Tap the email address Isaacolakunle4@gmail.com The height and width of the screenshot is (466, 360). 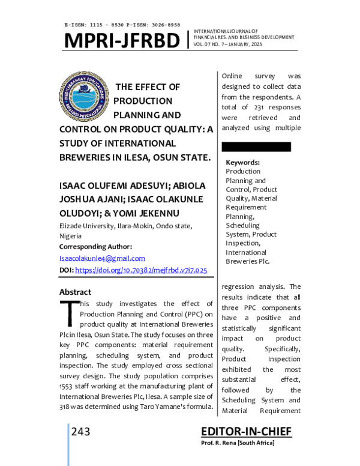click(x=102, y=258)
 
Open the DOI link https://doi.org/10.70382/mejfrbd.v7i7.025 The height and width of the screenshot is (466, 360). click(x=141, y=270)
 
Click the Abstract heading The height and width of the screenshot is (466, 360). click(x=75, y=292)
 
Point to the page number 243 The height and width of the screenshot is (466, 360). click(x=81, y=432)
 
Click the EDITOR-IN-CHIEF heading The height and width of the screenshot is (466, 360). click(x=246, y=432)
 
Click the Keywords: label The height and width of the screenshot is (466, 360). click(x=242, y=162)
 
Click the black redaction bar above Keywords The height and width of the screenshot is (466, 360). click(x=256, y=147)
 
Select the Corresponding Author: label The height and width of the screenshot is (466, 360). click(x=95, y=247)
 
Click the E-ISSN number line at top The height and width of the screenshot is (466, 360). click(x=122, y=25)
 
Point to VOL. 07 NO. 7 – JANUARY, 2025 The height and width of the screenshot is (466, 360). click(x=228, y=44)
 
